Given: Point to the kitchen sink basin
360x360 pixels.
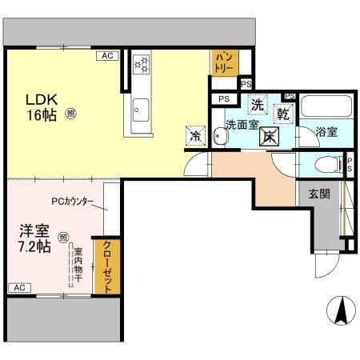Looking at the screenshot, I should tap(141, 106).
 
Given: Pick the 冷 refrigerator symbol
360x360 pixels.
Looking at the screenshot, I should tap(194, 135).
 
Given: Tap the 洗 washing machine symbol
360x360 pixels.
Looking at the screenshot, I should tap(257, 104).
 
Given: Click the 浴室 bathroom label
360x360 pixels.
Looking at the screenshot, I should tap(326, 130).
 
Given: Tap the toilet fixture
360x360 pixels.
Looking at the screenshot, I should tap(326, 166).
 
